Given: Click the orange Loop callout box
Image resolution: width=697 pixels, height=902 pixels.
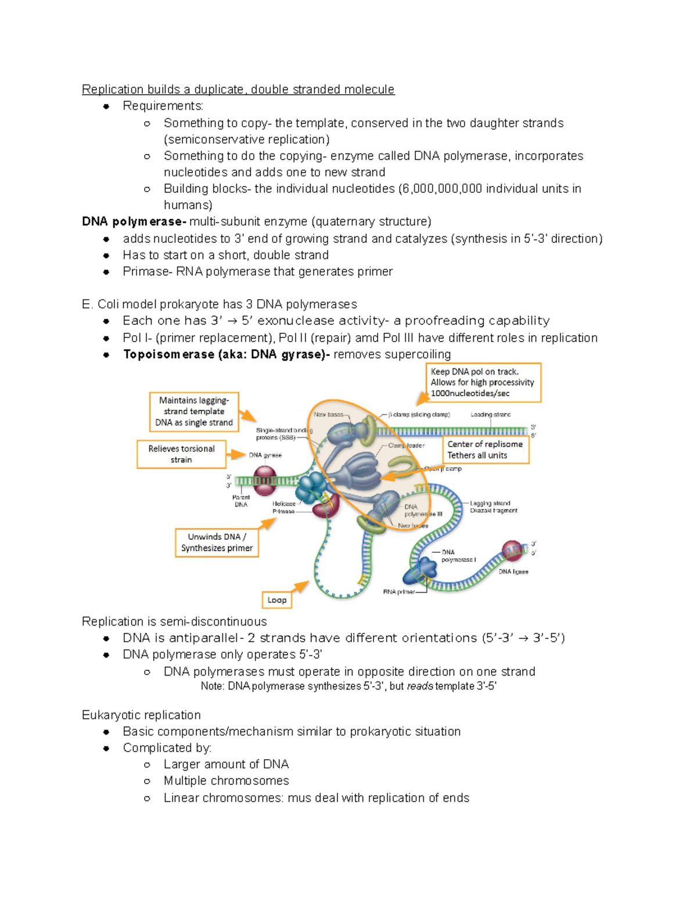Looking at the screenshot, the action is click(x=276, y=599).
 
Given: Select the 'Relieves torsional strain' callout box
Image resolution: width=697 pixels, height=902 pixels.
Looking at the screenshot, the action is click(x=181, y=454).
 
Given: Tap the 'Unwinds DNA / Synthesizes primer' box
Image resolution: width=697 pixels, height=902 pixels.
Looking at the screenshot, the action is click(x=217, y=542).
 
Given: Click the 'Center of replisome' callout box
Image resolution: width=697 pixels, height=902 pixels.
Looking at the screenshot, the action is click(x=485, y=450).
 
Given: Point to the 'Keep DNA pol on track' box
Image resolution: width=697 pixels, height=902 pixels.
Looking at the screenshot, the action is click(x=483, y=382).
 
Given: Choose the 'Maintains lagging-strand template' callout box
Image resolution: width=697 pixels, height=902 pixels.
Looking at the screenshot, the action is click(x=194, y=411).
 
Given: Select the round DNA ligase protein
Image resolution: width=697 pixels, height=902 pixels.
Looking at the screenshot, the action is click(x=512, y=551).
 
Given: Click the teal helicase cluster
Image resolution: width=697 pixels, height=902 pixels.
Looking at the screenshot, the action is click(x=311, y=487).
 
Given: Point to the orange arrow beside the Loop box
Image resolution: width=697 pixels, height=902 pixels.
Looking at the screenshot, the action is click(x=300, y=587).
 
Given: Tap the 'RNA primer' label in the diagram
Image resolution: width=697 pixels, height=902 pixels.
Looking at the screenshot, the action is click(x=399, y=592).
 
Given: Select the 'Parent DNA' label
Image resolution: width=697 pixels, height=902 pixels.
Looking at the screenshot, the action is click(x=241, y=501).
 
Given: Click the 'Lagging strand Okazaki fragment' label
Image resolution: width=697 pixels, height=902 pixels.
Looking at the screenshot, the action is click(x=493, y=507).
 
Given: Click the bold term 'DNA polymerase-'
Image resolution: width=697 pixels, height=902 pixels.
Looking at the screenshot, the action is click(x=134, y=221).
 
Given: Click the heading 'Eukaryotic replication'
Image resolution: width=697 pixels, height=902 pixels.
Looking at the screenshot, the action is click(x=141, y=715).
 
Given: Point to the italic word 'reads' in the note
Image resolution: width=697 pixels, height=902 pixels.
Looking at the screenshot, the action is click(x=419, y=686).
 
